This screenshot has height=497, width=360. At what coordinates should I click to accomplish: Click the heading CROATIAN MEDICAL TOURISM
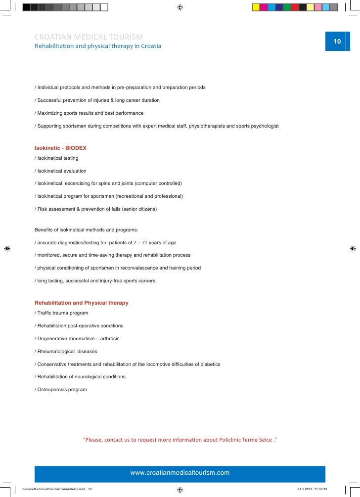(89, 37)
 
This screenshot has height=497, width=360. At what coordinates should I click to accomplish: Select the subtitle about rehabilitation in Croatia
(97, 46)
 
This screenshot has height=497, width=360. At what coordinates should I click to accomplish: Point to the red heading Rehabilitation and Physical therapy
(81, 303)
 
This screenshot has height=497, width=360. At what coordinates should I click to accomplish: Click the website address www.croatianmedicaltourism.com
(180, 473)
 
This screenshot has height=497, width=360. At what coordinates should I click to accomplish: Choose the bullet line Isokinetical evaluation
(60, 171)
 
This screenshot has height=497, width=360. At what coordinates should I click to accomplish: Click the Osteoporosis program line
(61, 390)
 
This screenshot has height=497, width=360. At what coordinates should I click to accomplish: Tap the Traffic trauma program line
(61, 313)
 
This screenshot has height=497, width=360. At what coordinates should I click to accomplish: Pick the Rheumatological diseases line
(66, 352)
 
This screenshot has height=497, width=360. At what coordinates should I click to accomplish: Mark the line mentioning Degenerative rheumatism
(77, 339)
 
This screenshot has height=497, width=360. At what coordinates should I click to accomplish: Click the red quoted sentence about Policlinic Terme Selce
(180, 440)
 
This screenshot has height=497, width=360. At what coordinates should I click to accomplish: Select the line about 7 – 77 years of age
(105, 243)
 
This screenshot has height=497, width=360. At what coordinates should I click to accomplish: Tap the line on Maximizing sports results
(89, 113)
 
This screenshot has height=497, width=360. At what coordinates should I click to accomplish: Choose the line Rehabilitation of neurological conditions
(80, 377)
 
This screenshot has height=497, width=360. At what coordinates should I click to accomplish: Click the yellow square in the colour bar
(256, 7)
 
